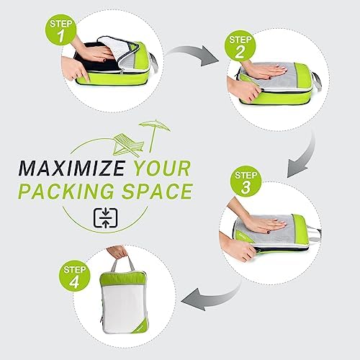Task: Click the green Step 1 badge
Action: tap(60, 30)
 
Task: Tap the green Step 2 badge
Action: tap(240, 45)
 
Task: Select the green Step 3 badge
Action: tap(246, 181)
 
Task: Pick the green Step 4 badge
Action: tap(74, 276)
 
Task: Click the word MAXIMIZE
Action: tap(71, 168)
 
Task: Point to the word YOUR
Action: tap(162, 168)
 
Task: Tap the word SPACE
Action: tap(157, 191)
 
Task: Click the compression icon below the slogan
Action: tap(106, 218)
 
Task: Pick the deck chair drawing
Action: tap(128, 145)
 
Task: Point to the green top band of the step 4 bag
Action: tap(123, 279)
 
